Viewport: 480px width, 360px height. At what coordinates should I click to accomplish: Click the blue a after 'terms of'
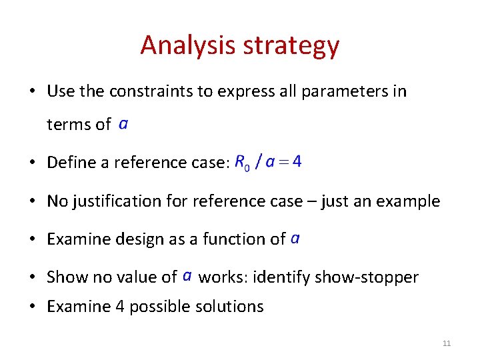click(123, 124)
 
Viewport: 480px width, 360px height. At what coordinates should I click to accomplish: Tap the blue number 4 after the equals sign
click(297, 161)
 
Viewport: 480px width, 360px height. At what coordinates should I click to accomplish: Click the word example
click(411, 201)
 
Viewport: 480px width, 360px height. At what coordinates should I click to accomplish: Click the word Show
click(65, 277)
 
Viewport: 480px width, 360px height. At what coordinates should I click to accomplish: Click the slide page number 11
click(447, 343)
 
